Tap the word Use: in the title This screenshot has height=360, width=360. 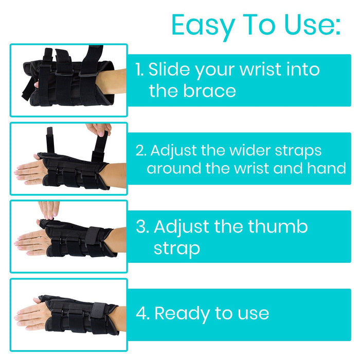[312, 24]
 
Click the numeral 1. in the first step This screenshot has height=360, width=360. [139, 69]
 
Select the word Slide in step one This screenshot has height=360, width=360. [169, 69]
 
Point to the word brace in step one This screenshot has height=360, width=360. [209, 91]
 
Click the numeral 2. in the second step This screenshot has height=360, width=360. [141, 151]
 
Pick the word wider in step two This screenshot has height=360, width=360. [250, 150]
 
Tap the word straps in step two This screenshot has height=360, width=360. [298, 152]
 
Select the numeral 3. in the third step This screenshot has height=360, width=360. [142, 227]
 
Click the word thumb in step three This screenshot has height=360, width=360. [278, 226]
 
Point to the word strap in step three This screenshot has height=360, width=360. [177, 249]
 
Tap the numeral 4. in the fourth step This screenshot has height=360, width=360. [143, 313]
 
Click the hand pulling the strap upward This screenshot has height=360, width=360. [99, 129]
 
